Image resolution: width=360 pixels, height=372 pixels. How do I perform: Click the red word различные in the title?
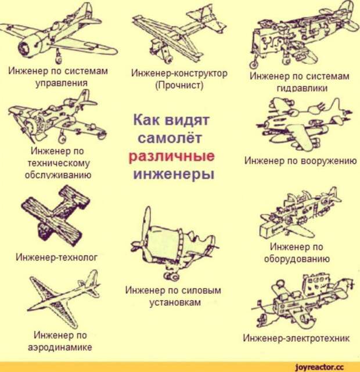click(x=171, y=157)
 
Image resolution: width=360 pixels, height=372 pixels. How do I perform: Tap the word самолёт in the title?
click(x=170, y=138)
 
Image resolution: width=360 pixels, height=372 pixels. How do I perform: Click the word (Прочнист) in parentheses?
click(x=179, y=85)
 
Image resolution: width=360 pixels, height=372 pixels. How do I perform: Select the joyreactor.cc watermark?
click(x=319, y=367)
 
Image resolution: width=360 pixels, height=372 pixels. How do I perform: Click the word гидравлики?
click(x=302, y=88)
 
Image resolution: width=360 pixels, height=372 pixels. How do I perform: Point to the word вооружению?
click(x=329, y=161)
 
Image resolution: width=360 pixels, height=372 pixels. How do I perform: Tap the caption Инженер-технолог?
click(x=56, y=257)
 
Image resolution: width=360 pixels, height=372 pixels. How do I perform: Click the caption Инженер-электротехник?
click(x=296, y=338)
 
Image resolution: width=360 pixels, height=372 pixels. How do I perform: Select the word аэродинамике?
click(x=60, y=347)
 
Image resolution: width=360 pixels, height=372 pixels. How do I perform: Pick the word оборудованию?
click(x=297, y=259)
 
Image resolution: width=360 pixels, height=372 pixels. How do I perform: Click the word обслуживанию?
click(x=58, y=175)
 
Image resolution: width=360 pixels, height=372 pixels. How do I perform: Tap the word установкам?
click(x=175, y=302)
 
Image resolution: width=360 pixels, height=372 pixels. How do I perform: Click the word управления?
click(x=62, y=83)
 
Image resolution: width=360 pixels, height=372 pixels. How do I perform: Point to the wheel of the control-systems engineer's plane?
click(x=58, y=58)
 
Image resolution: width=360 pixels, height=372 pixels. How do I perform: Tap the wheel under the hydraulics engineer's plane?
click(x=254, y=64)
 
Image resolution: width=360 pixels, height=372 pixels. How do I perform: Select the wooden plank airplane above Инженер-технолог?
click(x=56, y=213)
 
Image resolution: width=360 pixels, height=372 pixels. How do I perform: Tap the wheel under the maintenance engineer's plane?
click(x=62, y=139)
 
